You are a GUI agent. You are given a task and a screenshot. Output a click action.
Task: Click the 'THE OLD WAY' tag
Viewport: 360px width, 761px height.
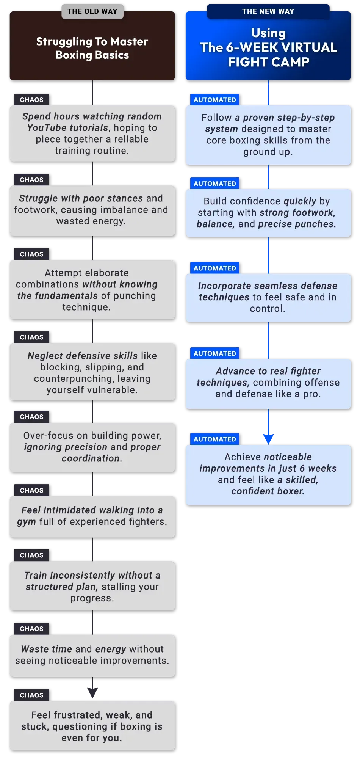click(92, 11)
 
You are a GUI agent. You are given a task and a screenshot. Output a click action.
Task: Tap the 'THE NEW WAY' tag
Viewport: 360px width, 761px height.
click(268, 11)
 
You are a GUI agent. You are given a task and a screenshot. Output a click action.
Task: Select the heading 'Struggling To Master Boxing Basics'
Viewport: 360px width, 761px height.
click(92, 48)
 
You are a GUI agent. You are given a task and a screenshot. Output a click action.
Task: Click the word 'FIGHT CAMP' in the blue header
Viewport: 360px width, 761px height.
click(269, 62)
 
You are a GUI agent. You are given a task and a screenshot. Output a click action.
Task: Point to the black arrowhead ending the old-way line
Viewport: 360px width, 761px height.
click(92, 693)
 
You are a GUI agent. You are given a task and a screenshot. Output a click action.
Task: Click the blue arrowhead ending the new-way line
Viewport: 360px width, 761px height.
click(268, 439)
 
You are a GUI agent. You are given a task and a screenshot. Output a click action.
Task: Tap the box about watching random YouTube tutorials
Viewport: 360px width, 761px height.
click(92, 133)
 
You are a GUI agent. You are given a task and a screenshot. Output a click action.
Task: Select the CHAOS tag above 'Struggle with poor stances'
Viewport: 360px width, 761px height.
click(32, 180)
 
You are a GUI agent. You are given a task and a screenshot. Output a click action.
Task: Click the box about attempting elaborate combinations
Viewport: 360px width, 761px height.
click(92, 290)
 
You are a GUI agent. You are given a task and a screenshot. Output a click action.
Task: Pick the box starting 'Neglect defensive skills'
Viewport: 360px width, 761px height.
click(92, 372)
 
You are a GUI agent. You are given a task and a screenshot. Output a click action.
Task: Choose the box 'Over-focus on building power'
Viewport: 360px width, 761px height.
click(92, 447)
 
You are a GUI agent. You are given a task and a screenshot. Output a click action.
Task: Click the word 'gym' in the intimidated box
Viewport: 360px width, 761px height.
click(27, 522)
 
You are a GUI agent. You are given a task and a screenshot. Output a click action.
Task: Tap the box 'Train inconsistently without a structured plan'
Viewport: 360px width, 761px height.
click(92, 586)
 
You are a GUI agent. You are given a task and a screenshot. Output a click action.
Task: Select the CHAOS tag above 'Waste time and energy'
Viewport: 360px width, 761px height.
click(32, 629)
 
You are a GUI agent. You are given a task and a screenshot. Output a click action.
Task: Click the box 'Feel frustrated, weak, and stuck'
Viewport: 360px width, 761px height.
click(92, 726)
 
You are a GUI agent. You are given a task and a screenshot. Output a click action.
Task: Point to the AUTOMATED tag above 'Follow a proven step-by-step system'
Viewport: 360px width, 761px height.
click(215, 100)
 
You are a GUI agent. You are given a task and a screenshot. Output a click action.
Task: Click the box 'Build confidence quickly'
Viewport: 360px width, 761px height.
click(268, 213)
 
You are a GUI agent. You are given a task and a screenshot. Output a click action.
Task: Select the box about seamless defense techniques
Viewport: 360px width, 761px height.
click(268, 298)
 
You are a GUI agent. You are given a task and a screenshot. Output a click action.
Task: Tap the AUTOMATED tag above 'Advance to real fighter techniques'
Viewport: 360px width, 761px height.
click(215, 353)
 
